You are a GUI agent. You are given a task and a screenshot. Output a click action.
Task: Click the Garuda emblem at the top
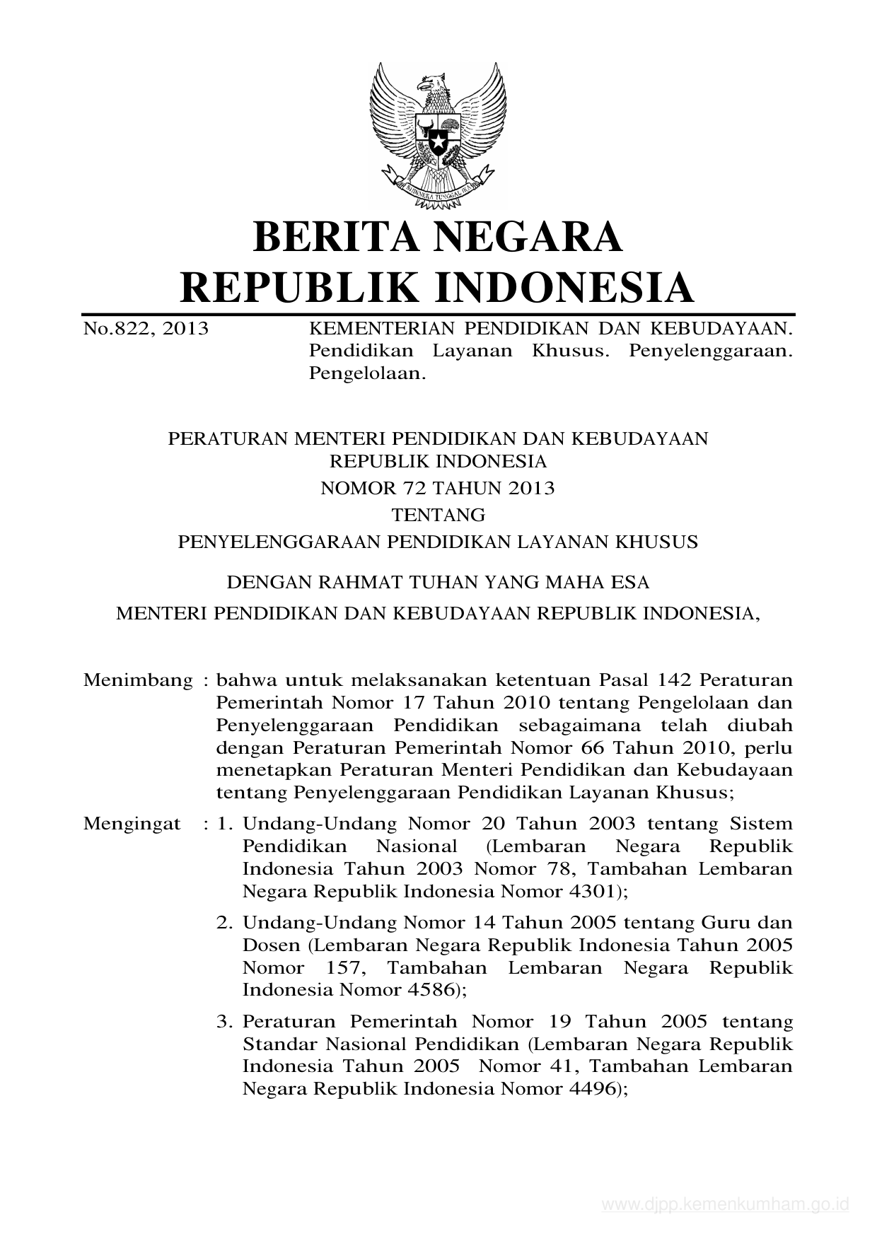tap(438, 134)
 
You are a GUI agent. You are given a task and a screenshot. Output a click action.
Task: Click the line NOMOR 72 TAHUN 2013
tap(438, 488)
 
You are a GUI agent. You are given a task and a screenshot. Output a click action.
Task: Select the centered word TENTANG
tap(438, 514)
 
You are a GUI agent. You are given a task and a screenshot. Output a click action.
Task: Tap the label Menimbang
tap(138, 680)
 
